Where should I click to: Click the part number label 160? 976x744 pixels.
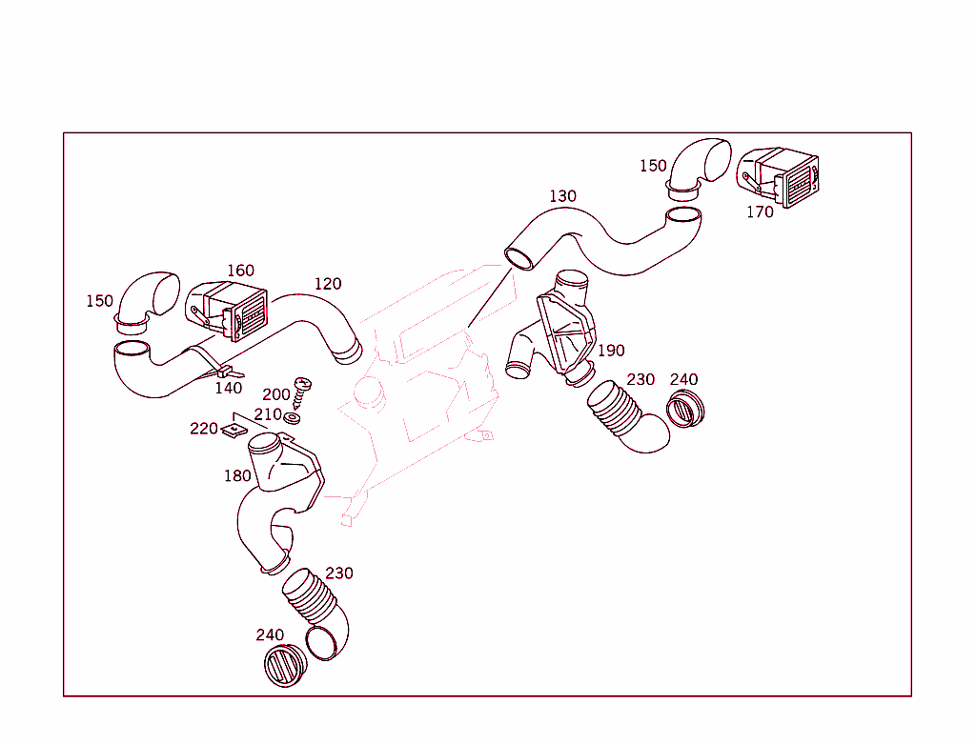tap(240, 271)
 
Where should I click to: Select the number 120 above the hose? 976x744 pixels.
tap(327, 284)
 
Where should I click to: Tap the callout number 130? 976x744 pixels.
tap(562, 196)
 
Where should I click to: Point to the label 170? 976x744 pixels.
tap(760, 212)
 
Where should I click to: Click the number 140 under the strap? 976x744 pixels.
tap(228, 388)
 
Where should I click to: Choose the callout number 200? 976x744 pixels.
tap(276, 394)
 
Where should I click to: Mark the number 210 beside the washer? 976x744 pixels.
tap(268, 414)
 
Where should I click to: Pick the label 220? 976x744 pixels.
tap(204, 429)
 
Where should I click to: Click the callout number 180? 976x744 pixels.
tap(237, 475)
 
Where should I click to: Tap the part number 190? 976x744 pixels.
tap(611, 351)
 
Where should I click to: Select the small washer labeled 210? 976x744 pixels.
tap(293, 416)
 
